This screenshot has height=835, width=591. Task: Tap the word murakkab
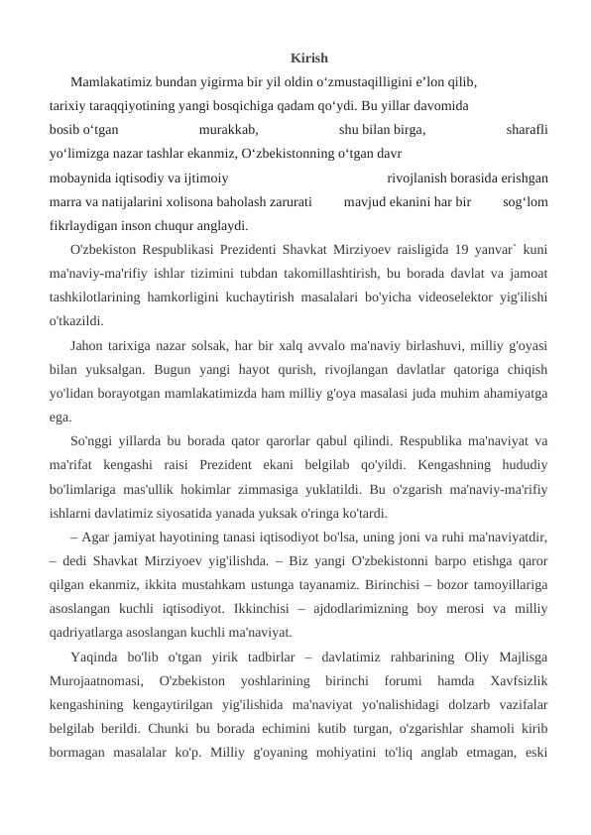(229, 128)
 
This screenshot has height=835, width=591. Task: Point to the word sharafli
(527, 128)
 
